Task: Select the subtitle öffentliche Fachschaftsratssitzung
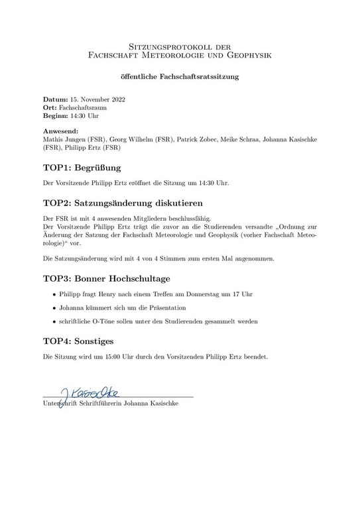pyautogui.click(x=180, y=76)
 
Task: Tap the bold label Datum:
pyautogui.click(x=55, y=98)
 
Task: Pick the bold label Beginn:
pyautogui.click(x=58, y=115)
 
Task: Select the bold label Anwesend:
pyautogui.click(x=60, y=131)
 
